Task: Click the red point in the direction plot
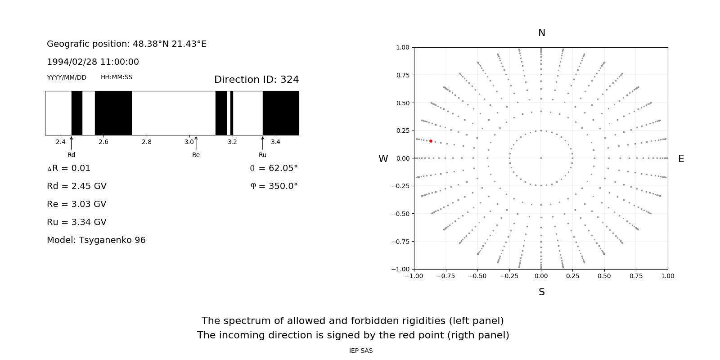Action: [431, 141]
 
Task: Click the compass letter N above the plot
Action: [542, 33]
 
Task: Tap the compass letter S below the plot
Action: [542, 292]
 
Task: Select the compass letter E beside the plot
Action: [681, 159]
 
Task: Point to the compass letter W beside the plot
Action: [383, 159]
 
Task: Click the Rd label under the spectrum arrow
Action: [72, 155]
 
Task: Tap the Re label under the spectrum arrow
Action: [196, 155]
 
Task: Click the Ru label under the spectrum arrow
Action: [262, 155]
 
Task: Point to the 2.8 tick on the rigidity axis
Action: [147, 142]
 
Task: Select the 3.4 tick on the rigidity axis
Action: [275, 142]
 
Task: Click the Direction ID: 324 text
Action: [256, 80]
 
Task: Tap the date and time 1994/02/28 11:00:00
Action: [93, 62]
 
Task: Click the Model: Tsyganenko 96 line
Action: [96, 240]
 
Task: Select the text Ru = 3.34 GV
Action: [76, 222]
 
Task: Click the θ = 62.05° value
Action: [274, 168]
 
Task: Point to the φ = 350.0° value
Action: [274, 186]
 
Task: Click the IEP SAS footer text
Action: [361, 351]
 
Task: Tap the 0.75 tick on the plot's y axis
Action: [402, 75]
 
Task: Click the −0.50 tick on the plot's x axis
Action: [477, 276]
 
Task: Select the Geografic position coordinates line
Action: [126, 44]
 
